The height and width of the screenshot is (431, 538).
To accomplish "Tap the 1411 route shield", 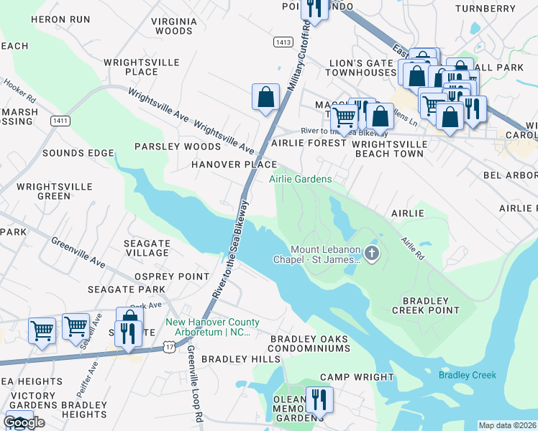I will (60, 121).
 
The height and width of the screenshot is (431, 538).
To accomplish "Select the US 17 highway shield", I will (168, 347).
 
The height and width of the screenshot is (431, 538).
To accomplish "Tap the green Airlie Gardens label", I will (300, 179).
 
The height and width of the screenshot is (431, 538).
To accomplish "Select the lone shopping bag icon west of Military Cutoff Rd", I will (265, 97).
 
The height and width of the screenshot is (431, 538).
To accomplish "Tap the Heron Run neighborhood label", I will (61, 19).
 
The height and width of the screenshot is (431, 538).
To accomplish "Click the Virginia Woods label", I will (174, 27).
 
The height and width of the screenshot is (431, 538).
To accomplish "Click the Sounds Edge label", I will (78, 153).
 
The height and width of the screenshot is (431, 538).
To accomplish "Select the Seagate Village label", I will (146, 248).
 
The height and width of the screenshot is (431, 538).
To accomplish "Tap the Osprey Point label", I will (173, 277).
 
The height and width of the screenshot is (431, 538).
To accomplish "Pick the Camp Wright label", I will (357, 376).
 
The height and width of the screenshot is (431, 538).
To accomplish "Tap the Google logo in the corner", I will (24, 422).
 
